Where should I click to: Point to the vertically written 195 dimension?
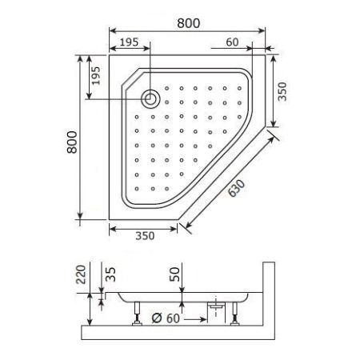96,77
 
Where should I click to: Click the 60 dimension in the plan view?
233,42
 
